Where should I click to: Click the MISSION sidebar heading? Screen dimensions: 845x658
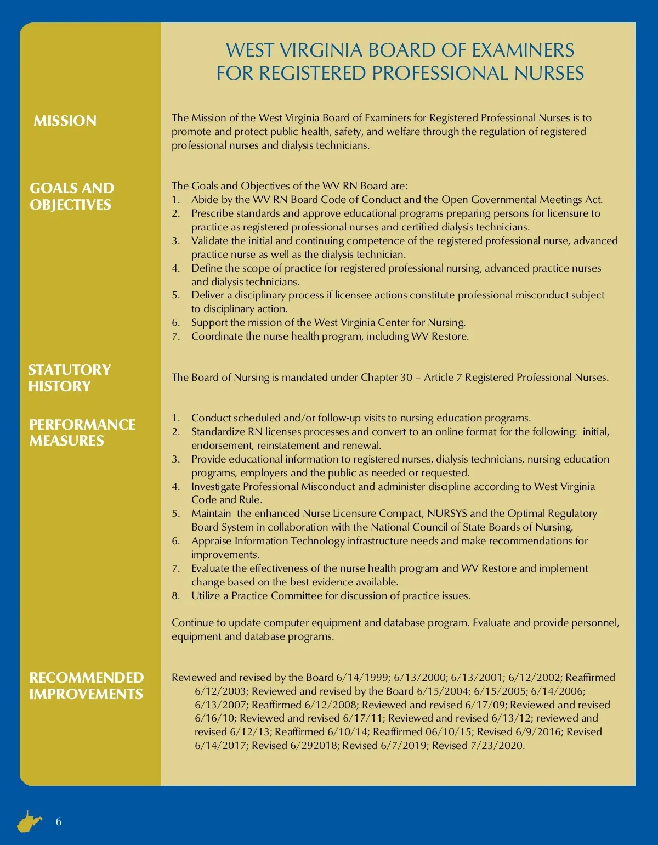(65, 121)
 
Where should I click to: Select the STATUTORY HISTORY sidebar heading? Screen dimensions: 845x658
(69, 378)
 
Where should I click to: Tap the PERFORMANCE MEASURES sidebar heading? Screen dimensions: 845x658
(82, 432)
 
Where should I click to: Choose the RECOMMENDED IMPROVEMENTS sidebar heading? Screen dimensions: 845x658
(86, 685)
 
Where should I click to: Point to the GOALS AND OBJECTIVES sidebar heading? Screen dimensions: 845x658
(72, 196)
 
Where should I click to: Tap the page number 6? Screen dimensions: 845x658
(59, 821)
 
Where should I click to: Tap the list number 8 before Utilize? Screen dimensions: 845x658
(175, 596)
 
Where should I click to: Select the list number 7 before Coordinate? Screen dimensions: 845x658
(175, 336)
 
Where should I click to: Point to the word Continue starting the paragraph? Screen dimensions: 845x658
(191, 623)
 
